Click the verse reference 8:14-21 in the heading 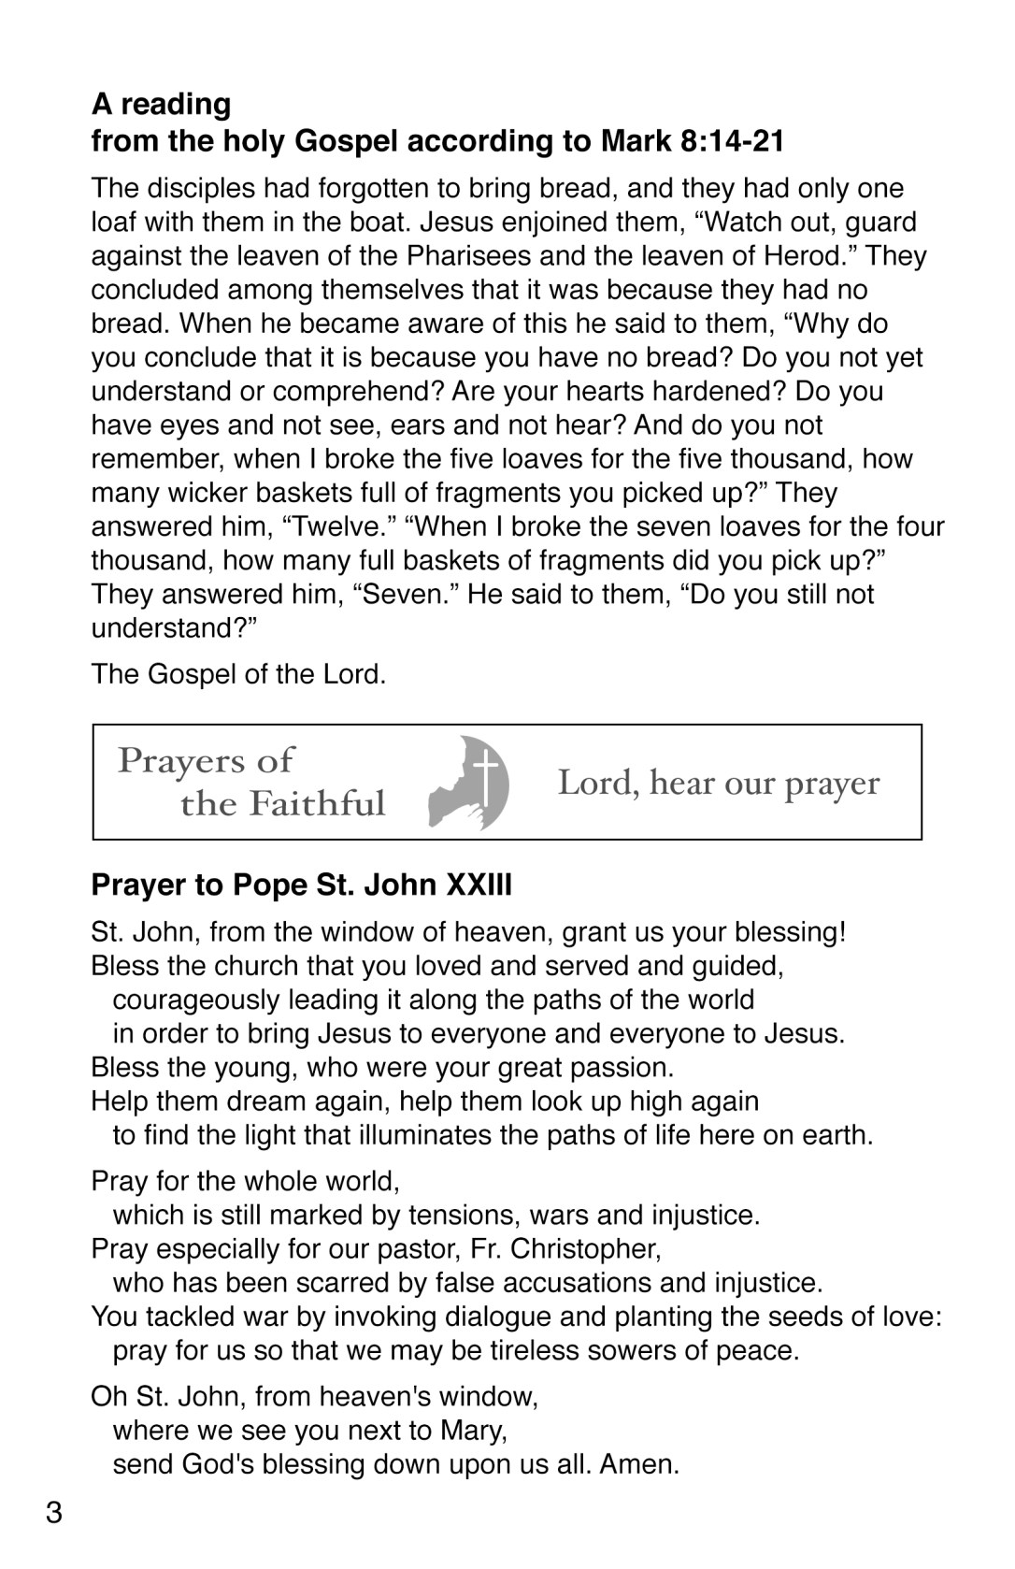click(x=733, y=141)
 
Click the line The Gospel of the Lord click(x=238, y=674)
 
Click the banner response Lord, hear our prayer click(x=719, y=783)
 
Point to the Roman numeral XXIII click(x=479, y=884)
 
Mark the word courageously click(x=196, y=1000)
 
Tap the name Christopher click(x=583, y=1249)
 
